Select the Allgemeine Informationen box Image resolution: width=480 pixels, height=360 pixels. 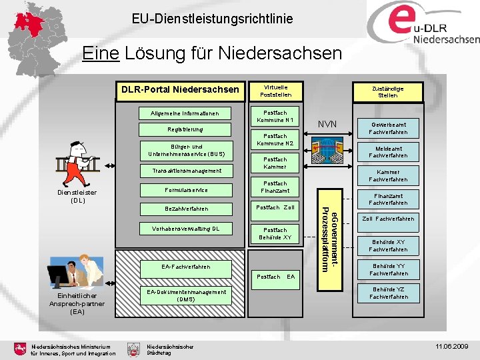pos(185,113)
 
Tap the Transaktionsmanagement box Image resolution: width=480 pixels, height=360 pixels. pos(186,171)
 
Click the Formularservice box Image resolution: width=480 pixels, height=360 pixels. pos(186,191)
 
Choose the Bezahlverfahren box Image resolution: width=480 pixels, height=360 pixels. pos(186,209)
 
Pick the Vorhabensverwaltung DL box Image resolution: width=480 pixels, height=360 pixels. pos(186,229)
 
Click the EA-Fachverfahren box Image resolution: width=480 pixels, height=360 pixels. pos(186,267)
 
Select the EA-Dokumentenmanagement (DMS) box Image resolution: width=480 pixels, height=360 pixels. pos(186,295)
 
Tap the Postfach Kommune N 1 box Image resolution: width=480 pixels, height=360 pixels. pos(275,116)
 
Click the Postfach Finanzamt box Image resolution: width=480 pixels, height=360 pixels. pos(275,187)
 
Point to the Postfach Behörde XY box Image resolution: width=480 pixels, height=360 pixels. pos(275,233)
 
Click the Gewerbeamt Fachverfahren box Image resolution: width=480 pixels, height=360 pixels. pos(388,129)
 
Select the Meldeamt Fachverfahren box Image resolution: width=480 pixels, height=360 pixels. pos(388,152)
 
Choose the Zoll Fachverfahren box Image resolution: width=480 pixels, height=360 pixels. pos(388,219)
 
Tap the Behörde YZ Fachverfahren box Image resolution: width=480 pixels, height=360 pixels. pos(388,293)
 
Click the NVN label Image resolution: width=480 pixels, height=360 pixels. pos(327,124)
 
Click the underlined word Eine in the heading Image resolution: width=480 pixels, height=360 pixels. pos(100,53)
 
